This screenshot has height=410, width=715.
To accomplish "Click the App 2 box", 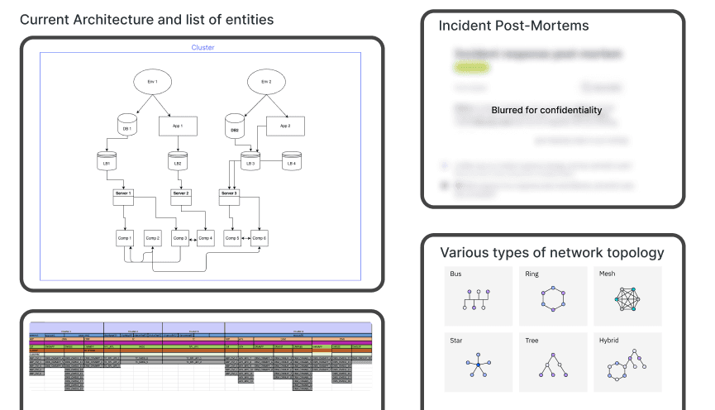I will coord(284,127).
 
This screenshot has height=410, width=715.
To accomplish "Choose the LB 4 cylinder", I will coord(291,162).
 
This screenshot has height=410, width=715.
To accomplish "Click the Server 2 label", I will coord(181,193).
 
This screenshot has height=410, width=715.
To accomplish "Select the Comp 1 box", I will coord(125,238).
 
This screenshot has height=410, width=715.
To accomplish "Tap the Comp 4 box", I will coord(205,238).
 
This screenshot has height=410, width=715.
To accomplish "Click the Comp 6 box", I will coord(260,238).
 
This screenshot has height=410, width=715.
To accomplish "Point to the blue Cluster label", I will coord(203,48).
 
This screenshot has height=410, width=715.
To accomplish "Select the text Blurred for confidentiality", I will coord(546,110).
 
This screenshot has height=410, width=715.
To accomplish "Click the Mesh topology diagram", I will coord(627,302).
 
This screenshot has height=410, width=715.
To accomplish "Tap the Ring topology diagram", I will coord(552,302).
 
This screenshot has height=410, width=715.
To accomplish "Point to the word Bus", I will coord(455,273).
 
